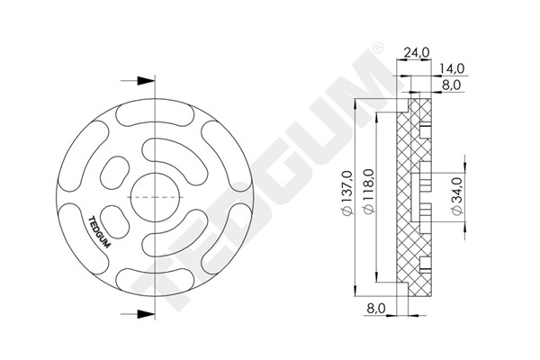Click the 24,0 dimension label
point(416,53)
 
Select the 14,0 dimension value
point(452,68)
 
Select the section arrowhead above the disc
point(145,78)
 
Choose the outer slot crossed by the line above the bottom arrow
point(147,277)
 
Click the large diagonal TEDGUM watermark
point(270,180)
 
